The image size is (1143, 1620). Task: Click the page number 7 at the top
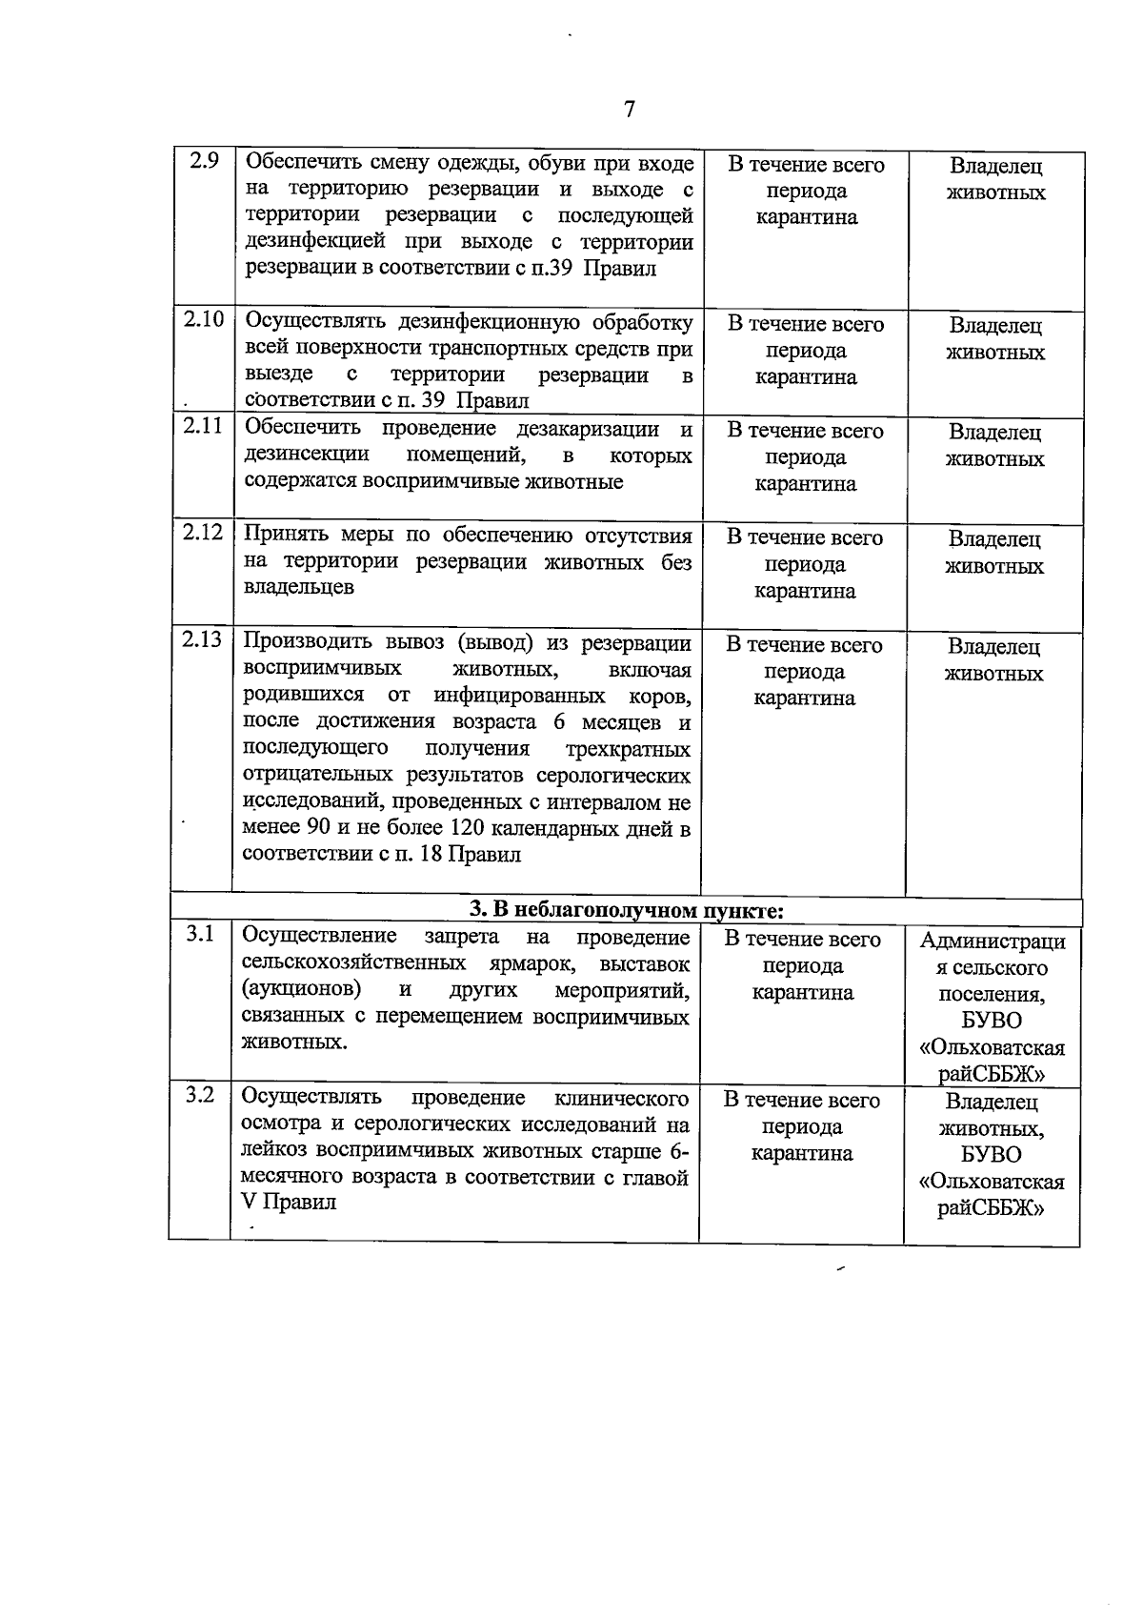tap(629, 110)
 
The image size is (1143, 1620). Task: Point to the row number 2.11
tap(203, 426)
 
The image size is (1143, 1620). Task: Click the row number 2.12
tap(203, 532)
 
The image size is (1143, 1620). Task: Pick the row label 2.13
tap(202, 638)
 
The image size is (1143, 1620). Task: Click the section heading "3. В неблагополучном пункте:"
tap(626, 911)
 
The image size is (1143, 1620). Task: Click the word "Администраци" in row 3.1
tap(993, 942)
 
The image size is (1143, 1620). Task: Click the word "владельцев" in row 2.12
tap(298, 586)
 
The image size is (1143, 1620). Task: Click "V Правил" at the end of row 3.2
tap(289, 1202)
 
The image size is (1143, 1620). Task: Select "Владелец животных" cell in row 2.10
tap(994, 338)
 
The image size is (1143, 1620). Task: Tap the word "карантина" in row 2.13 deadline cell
tap(804, 698)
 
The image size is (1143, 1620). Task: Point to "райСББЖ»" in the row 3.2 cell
tap(992, 1208)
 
